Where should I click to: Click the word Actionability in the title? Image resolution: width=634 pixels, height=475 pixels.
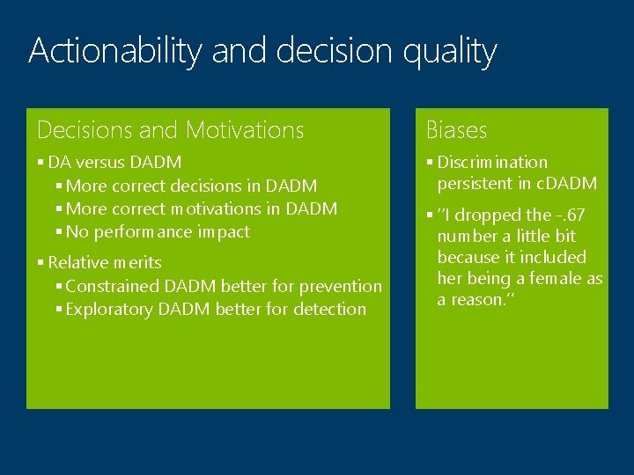pos(114,51)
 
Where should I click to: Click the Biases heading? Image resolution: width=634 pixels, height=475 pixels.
pos(456,130)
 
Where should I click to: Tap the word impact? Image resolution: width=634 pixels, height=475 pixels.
pos(226,232)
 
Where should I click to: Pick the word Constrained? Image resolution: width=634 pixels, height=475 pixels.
pos(111,287)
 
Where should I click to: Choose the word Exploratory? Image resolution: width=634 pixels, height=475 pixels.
pos(109,310)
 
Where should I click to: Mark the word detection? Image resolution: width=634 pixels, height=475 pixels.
pos(331,310)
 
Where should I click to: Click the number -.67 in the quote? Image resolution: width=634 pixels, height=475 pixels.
pos(568,216)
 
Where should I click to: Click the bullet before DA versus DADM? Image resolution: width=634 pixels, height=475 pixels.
pos(41,163)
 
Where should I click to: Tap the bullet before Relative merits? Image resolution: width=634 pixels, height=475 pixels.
pos(41,263)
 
